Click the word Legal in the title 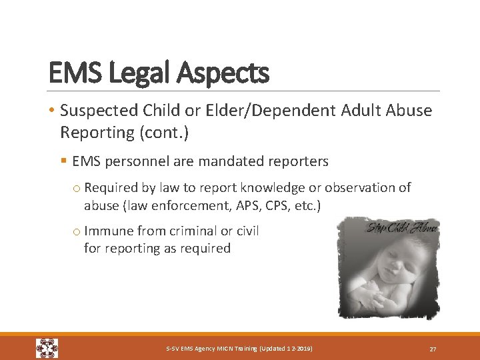point(131,73)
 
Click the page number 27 point(433,349)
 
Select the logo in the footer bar point(47,348)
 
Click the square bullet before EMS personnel point(63,161)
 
